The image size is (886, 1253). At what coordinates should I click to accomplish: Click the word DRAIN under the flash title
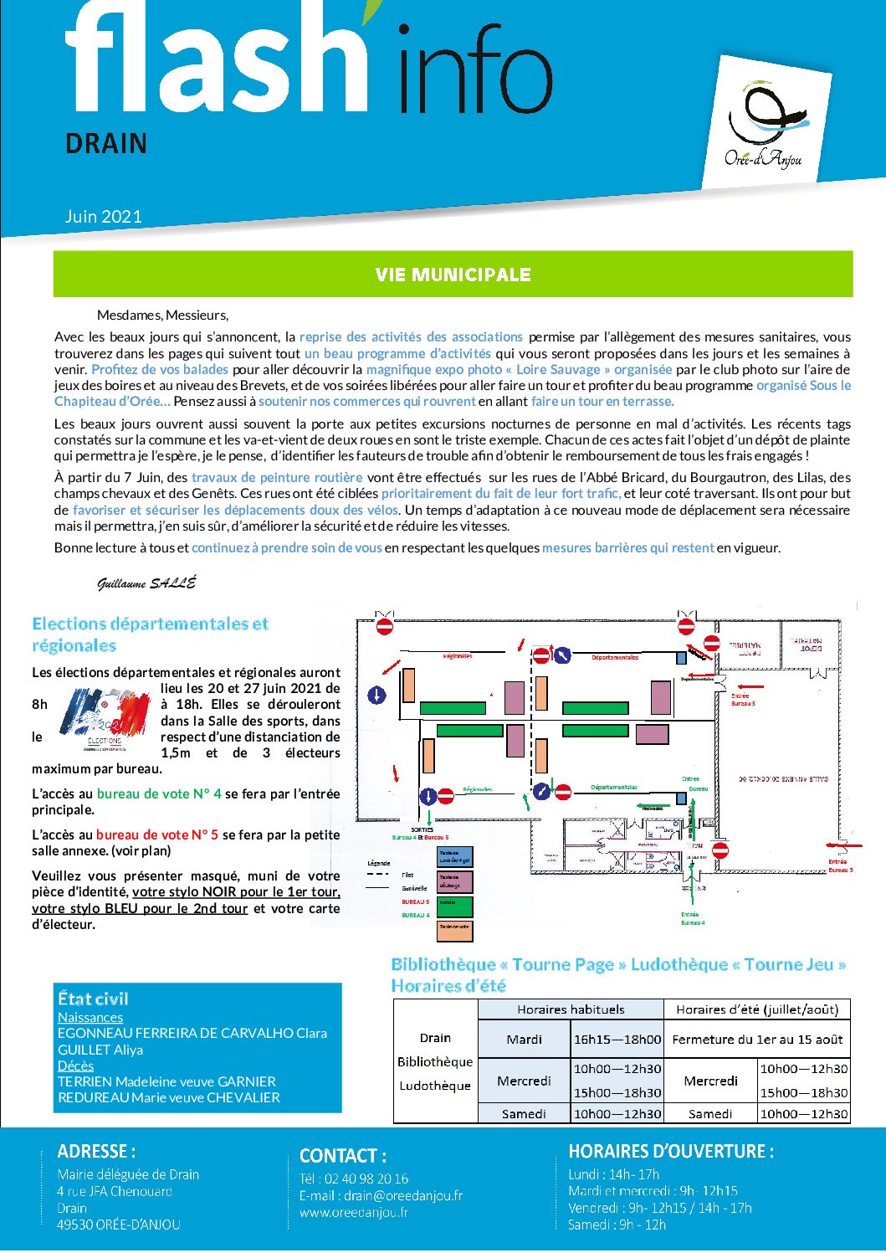tap(106, 143)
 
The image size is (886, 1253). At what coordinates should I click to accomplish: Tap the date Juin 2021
tap(104, 216)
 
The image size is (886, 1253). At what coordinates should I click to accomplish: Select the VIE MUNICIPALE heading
tap(453, 275)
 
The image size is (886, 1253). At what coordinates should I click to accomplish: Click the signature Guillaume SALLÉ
tap(146, 583)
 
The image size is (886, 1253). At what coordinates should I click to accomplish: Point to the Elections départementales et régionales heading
tap(151, 634)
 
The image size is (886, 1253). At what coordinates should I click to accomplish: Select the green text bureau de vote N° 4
tap(159, 793)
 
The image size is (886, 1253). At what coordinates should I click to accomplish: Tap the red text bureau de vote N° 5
tap(157, 834)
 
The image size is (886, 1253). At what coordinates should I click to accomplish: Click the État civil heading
tap(93, 999)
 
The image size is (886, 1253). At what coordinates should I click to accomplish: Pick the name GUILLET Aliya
tap(100, 1050)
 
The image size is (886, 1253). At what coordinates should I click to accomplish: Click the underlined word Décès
tap(75, 1066)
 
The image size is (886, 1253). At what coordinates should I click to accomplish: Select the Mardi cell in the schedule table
tap(524, 1040)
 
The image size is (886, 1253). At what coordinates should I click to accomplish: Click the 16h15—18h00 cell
tap(617, 1040)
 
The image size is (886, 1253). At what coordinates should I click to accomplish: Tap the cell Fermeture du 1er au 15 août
tap(757, 1040)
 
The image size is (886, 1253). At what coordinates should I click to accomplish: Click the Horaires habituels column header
tap(571, 1009)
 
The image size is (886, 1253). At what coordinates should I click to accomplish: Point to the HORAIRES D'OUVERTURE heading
tap(671, 1152)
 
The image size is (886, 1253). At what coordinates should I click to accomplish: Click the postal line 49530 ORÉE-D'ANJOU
tap(119, 1225)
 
